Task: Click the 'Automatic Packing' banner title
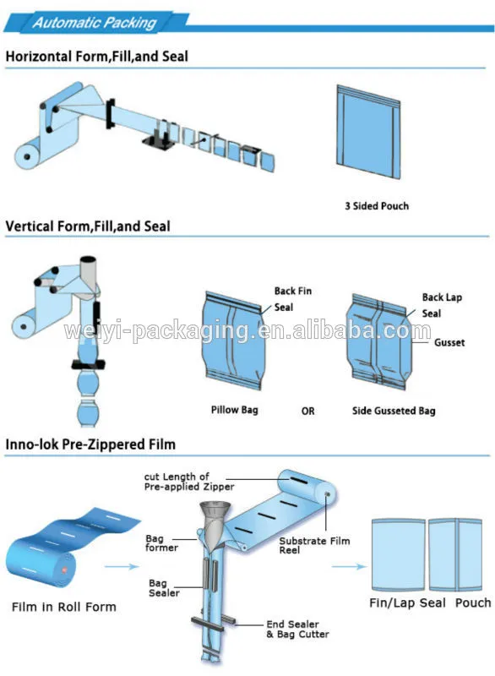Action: pyautogui.click(x=95, y=23)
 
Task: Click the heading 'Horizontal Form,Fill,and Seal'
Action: pyautogui.click(x=97, y=57)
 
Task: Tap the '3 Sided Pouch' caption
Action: pyautogui.click(x=377, y=206)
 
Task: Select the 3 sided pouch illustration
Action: pyautogui.click(x=368, y=132)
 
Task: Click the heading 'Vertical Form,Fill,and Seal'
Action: pyautogui.click(x=88, y=226)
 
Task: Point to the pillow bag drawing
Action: pyautogui.click(x=232, y=341)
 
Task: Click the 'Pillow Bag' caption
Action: pyautogui.click(x=234, y=410)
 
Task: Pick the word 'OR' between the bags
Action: pyautogui.click(x=307, y=411)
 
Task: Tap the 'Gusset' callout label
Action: pyautogui.click(x=449, y=343)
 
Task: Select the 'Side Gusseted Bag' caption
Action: pyautogui.click(x=394, y=411)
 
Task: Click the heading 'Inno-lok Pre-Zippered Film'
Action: pyautogui.click(x=90, y=444)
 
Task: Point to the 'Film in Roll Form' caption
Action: pyautogui.click(x=64, y=607)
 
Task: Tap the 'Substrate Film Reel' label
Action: pyautogui.click(x=314, y=545)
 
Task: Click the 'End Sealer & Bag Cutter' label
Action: pyautogui.click(x=297, y=629)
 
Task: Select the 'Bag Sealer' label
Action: pyautogui.click(x=164, y=588)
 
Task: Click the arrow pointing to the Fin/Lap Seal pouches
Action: pyautogui.click(x=349, y=566)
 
